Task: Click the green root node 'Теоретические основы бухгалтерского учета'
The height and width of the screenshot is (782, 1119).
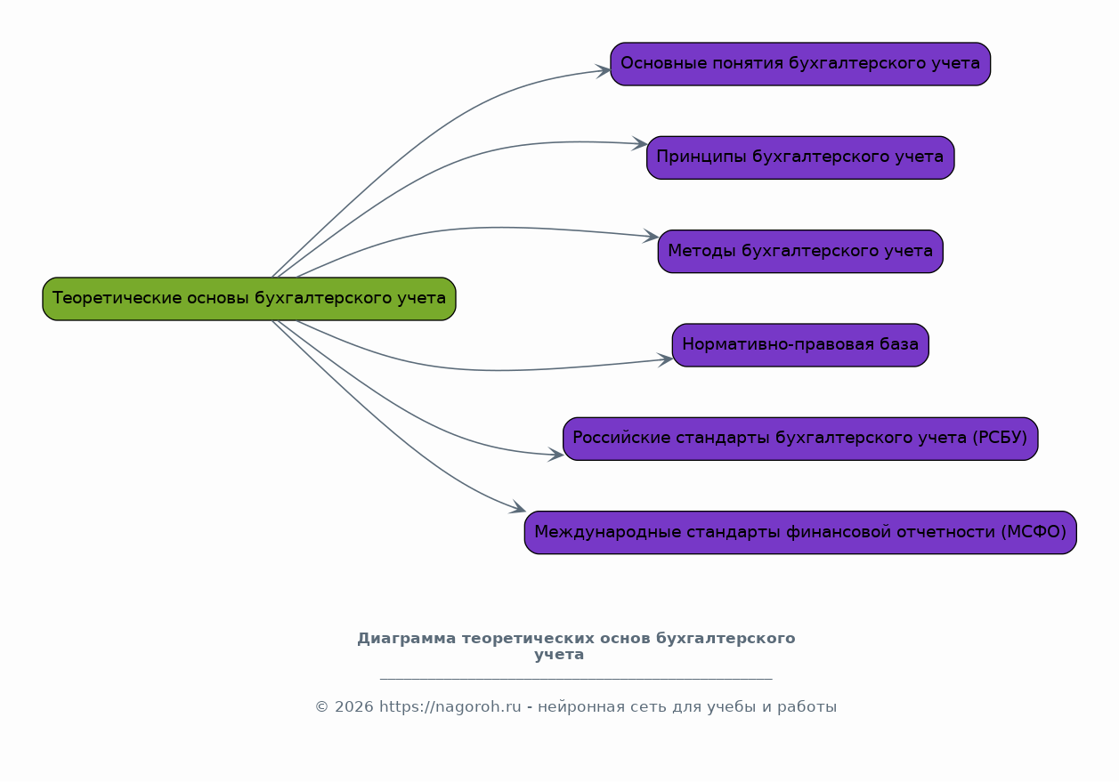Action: (249, 299)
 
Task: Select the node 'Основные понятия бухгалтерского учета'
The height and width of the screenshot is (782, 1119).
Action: (800, 64)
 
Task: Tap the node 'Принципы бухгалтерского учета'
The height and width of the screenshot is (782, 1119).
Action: (800, 157)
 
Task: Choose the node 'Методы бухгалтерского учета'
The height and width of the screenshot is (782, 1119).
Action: (800, 252)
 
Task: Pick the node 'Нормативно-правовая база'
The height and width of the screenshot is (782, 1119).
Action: (800, 345)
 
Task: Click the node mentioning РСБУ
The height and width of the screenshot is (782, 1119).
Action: (800, 439)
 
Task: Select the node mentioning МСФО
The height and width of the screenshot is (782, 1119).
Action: (800, 533)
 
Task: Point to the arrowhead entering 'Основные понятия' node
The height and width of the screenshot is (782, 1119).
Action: (604, 70)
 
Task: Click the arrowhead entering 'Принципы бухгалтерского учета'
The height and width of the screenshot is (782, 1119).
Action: (640, 143)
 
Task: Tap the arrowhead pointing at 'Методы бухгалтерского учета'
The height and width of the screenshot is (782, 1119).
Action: (652, 237)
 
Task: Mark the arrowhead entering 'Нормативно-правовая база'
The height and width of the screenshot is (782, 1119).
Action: (666, 359)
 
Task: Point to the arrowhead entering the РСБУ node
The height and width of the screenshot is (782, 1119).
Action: (556, 455)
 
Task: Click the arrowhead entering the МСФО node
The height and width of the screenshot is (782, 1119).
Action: (518, 509)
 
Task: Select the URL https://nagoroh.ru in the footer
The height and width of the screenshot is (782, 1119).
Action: (450, 707)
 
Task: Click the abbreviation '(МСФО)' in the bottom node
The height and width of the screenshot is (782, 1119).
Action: (1034, 533)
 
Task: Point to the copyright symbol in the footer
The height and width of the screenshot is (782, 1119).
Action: (321, 707)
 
